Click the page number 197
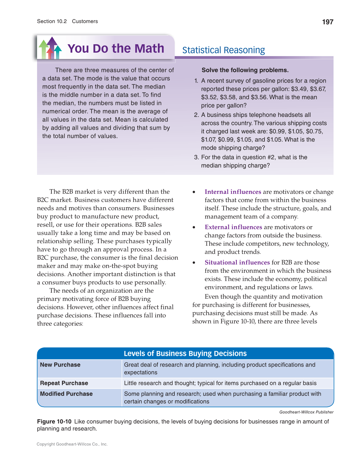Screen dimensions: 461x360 328,22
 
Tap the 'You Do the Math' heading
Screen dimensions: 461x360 116,49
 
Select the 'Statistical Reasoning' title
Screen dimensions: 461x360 223,50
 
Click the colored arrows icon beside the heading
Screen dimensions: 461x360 50,48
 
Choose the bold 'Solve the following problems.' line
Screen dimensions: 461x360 245,70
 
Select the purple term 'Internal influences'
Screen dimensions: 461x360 233,192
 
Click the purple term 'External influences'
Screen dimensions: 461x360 233,227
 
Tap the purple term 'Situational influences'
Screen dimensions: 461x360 237,262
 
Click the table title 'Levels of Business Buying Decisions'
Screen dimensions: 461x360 185,353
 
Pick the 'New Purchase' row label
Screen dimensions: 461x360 60,365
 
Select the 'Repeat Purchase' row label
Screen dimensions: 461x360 64,383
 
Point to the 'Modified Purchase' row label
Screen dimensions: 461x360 66,394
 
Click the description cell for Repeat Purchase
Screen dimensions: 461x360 220,383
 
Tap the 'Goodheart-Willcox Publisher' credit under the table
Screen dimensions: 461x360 306,412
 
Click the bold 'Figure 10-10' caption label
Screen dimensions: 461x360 54,421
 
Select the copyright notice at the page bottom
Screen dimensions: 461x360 72,444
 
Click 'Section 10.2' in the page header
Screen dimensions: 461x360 52,21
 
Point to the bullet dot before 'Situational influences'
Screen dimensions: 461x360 194,263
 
